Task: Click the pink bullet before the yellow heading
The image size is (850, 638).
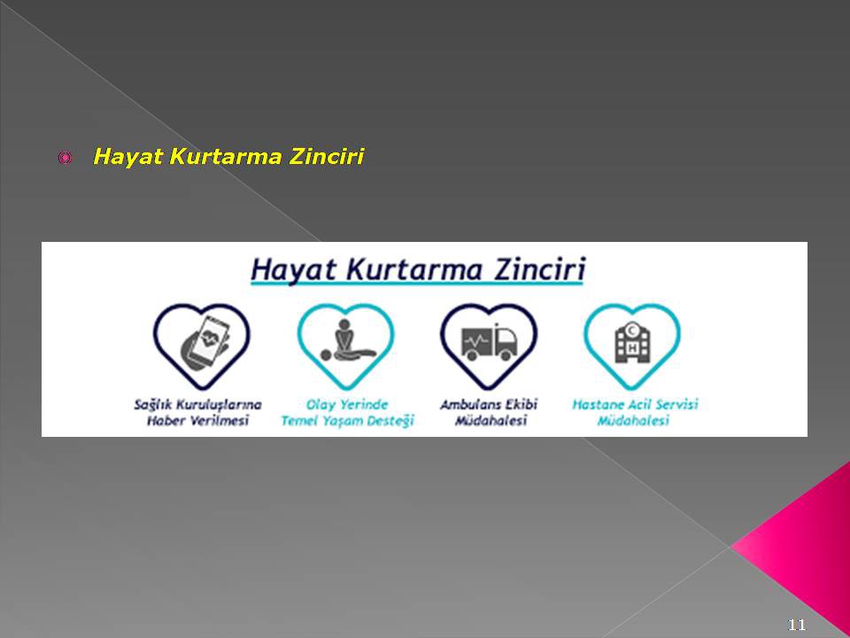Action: pyautogui.click(x=65, y=158)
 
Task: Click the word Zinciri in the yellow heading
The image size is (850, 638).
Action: pyautogui.click(x=326, y=157)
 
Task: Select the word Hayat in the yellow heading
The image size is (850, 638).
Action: pyautogui.click(x=127, y=158)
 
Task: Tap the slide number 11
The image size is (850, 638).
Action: pyautogui.click(x=796, y=625)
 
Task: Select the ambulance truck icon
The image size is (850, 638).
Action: pyautogui.click(x=489, y=342)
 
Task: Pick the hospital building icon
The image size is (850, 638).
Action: pyautogui.click(x=632, y=342)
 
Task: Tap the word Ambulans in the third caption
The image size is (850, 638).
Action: pyautogui.click(x=470, y=405)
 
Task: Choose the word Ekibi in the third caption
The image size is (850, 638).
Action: pyautogui.click(x=521, y=405)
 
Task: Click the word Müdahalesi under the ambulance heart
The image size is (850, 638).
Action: pyautogui.click(x=491, y=420)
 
